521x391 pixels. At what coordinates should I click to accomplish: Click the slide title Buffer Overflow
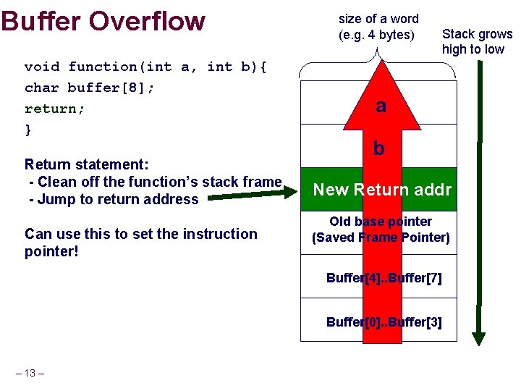click(x=103, y=21)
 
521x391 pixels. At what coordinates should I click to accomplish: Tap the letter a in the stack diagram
click(x=381, y=106)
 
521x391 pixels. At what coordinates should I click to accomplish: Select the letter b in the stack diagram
click(x=378, y=149)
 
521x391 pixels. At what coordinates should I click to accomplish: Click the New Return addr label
click(x=381, y=190)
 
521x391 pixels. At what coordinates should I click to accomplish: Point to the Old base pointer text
click(x=381, y=222)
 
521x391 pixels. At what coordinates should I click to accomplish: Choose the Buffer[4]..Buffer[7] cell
click(x=384, y=278)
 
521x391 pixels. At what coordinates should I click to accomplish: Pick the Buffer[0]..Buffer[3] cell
click(x=384, y=322)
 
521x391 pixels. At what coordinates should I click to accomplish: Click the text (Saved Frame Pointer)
click(x=381, y=237)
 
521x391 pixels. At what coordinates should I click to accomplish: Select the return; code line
click(x=54, y=109)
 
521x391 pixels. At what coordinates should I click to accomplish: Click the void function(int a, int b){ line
click(x=145, y=67)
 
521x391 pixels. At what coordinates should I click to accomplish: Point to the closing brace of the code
click(x=28, y=130)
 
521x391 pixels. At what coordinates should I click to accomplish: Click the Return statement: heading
click(x=87, y=164)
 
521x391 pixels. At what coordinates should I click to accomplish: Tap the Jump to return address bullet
click(x=114, y=199)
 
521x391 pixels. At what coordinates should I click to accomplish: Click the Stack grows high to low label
click(x=476, y=41)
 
